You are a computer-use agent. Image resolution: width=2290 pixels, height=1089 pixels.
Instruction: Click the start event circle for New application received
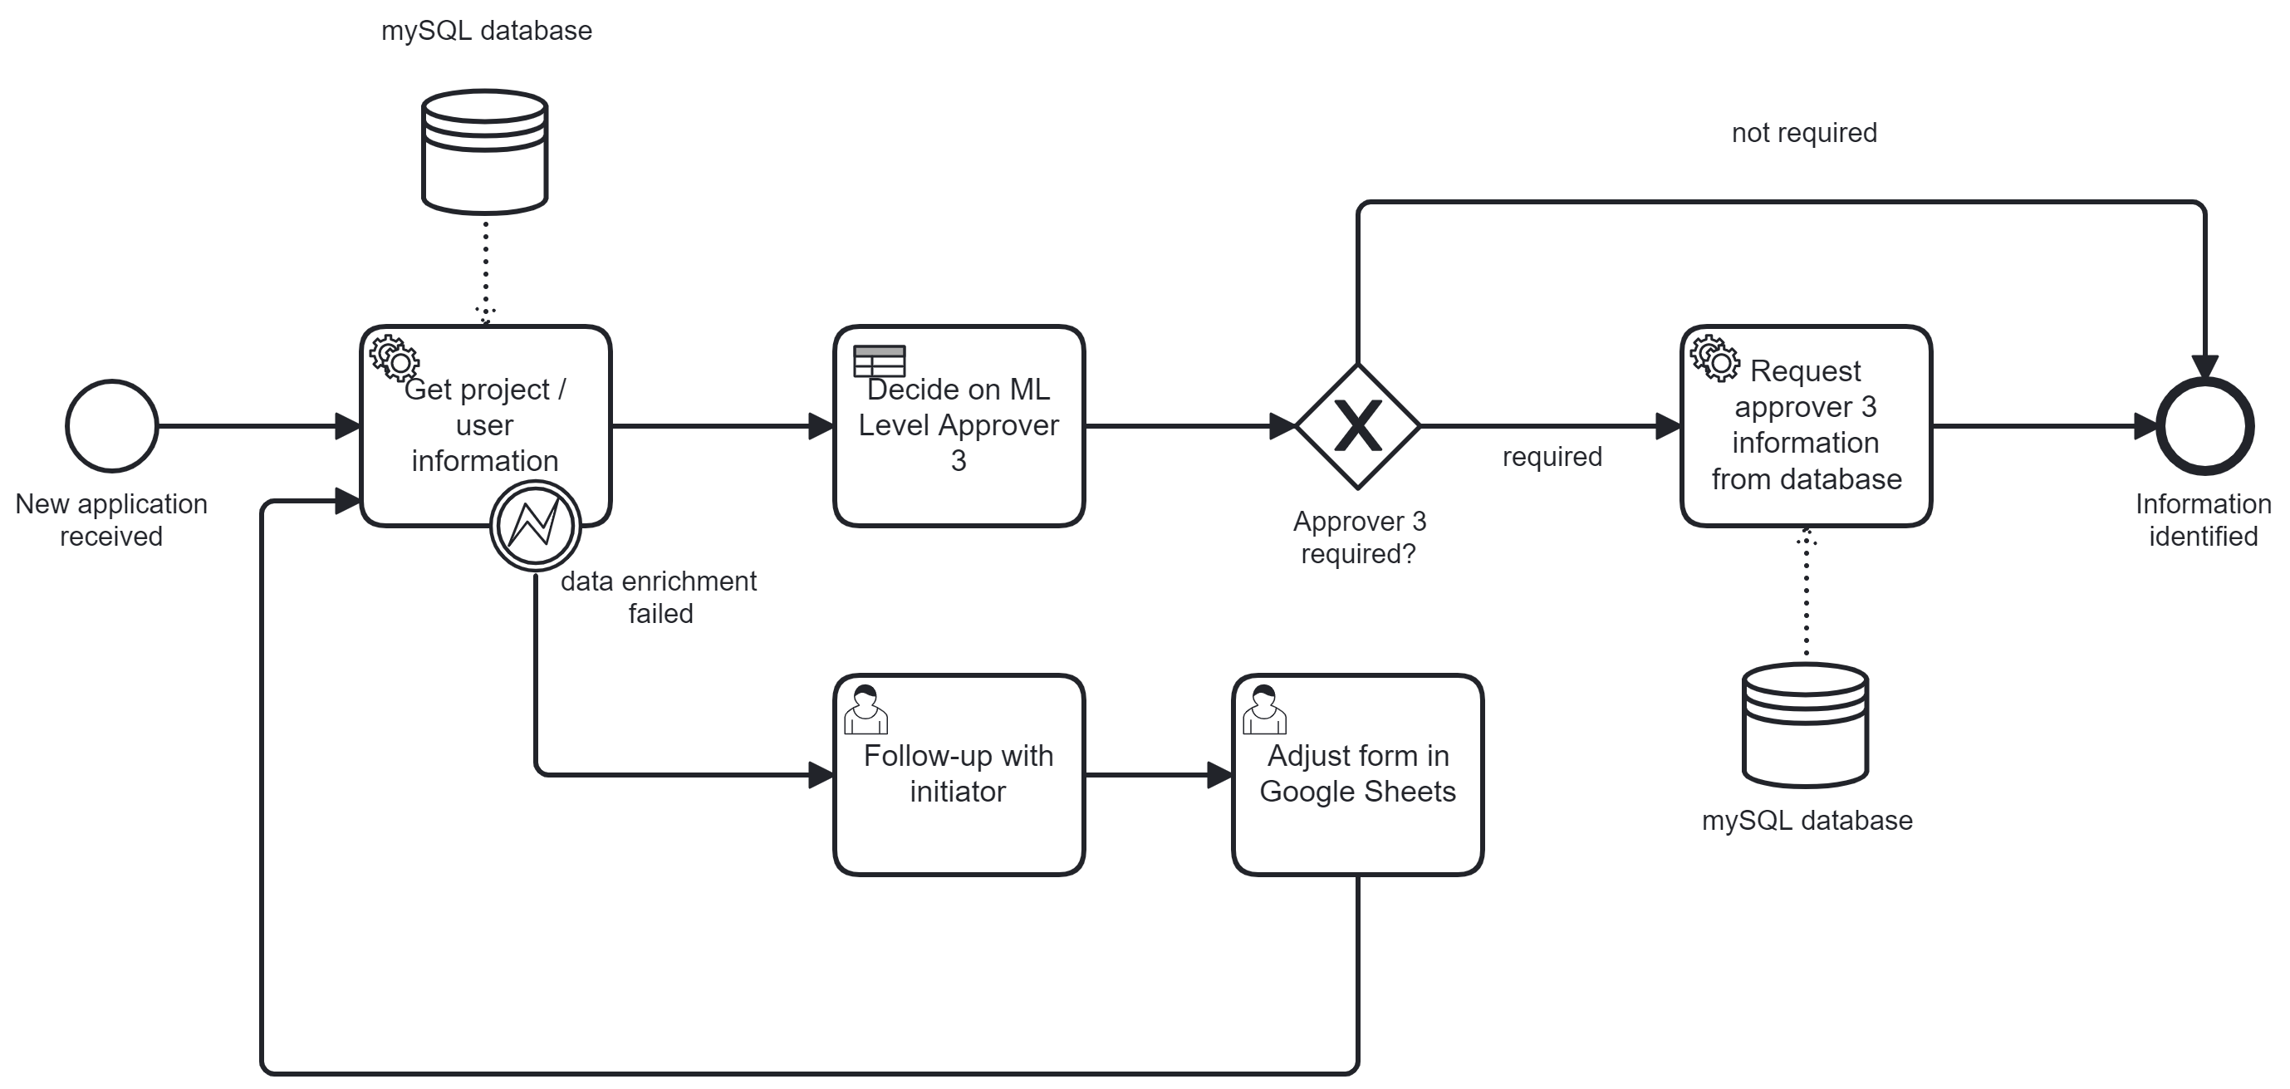point(112,426)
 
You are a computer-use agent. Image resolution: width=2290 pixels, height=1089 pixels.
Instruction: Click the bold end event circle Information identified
point(2204,426)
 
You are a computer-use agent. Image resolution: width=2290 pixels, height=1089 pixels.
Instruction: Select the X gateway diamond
point(1357,426)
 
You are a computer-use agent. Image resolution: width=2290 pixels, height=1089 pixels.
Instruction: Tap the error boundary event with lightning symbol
point(535,525)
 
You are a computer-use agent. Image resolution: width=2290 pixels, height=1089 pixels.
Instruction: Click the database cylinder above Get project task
point(484,151)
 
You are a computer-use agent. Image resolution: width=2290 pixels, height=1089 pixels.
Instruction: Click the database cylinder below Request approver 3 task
point(1805,724)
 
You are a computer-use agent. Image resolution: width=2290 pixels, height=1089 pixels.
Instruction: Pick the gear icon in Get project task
point(394,358)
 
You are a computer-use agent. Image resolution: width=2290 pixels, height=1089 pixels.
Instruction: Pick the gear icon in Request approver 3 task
point(1714,358)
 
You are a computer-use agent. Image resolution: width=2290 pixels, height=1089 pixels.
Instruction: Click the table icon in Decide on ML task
point(879,361)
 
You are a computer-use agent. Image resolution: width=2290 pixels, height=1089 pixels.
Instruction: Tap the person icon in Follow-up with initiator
point(865,709)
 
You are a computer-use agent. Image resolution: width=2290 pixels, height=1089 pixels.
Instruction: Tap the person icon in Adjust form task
point(1263,709)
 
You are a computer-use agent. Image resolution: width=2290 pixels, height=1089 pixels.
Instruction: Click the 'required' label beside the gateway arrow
point(1552,457)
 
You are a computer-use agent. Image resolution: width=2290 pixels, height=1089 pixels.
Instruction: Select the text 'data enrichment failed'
point(659,596)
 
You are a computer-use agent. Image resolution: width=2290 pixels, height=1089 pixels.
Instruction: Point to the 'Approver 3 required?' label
point(1358,537)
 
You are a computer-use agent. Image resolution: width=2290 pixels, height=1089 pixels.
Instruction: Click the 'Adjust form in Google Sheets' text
point(1357,773)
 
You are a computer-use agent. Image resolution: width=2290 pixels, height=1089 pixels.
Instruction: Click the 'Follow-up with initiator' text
point(959,773)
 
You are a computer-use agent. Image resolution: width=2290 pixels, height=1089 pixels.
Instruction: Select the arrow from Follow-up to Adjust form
point(1155,775)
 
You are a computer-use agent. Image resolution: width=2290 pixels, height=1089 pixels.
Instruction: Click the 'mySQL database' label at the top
point(486,31)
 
